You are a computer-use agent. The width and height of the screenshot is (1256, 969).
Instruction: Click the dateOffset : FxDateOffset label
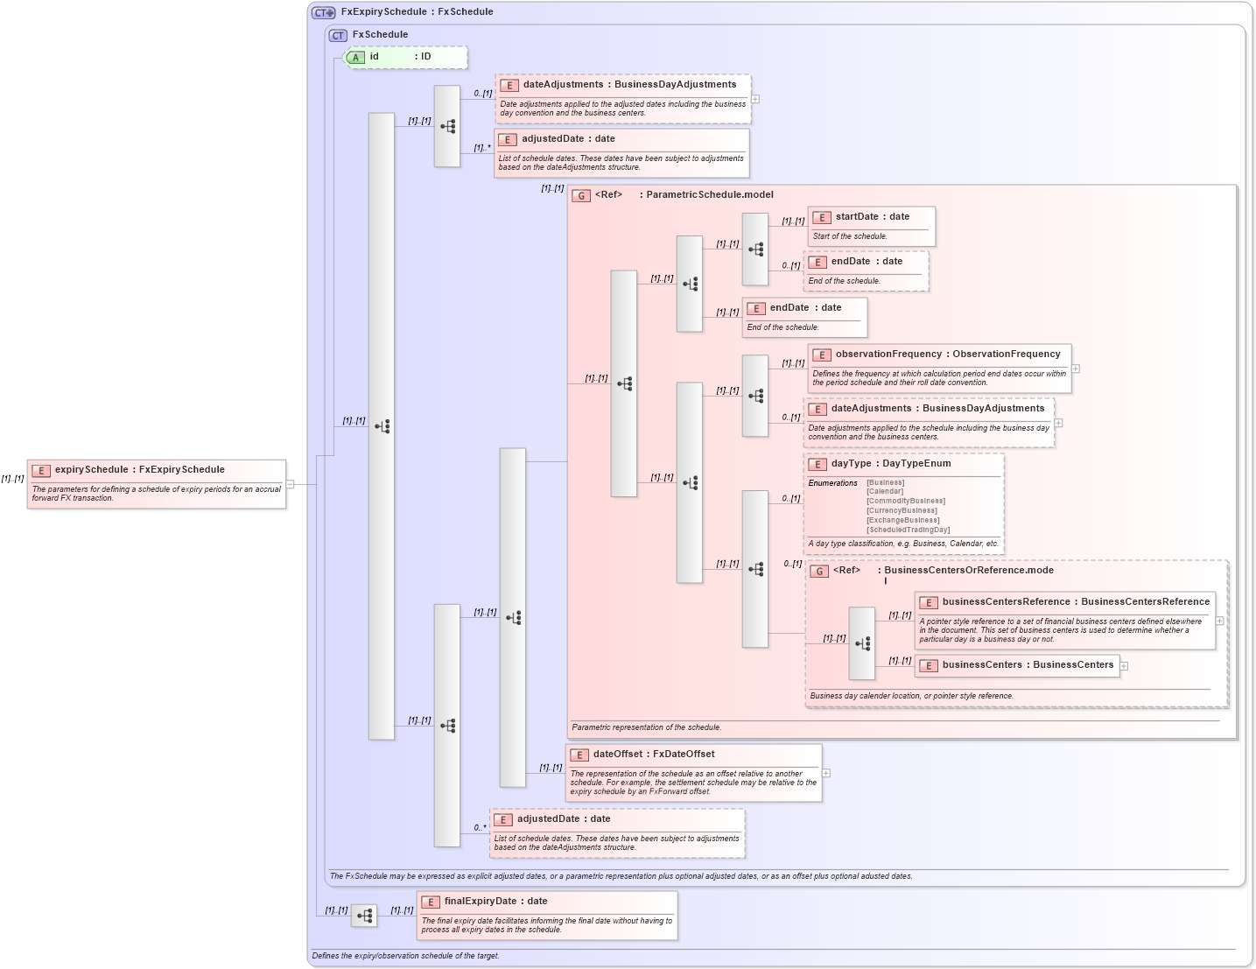pyautogui.click(x=653, y=755)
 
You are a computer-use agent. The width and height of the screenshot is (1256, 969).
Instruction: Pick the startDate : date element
pyautogui.click(x=872, y=217)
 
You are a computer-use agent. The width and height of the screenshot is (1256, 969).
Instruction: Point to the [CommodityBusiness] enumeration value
pyautogui.click(x=905, y=502)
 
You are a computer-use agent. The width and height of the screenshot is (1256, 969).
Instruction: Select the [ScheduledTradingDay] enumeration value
pyautogui.click(x=908, y=530)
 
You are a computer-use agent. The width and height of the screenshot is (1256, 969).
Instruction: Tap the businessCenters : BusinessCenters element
pyautogui.click(x=1027, y=665)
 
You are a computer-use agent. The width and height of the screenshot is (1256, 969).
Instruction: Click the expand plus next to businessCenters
pyautogui.click(x=1124, y=666)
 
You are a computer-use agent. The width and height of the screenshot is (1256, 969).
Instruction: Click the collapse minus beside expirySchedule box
pyautogui.click(x=290, y=484)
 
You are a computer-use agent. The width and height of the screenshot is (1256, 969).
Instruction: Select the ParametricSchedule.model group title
pyautogui.click(x=709, y=195)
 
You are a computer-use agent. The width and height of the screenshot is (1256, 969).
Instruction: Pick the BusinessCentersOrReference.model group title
pyautogui.click(x=968, y=571)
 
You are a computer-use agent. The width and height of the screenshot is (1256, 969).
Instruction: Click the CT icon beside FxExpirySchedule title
pyautogui.click(x=324, y=12)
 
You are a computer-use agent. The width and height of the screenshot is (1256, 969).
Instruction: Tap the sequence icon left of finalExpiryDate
pyautogui.click(x=364, y=916)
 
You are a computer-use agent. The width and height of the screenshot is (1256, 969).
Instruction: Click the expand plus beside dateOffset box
pyautogui.click(x=825, y=773)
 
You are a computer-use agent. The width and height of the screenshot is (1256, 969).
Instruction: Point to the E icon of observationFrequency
pyautogui.click(x=821, y=355)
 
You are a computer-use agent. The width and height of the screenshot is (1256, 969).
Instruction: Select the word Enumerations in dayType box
pyautogui.click(x=832, y=483)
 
